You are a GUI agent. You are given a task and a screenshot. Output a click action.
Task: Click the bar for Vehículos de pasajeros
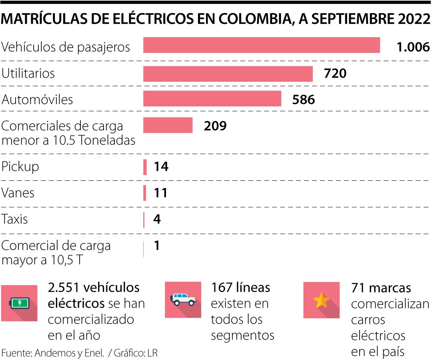pos(262,45)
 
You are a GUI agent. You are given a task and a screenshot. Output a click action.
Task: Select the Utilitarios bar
pos(228,74)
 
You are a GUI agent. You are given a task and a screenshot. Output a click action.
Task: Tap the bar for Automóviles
pos(212,99)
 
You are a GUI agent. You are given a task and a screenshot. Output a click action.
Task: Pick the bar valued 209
pos(168,125)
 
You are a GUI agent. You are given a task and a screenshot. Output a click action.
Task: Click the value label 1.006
pos(413,47)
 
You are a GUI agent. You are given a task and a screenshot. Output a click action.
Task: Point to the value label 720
pos(335,74)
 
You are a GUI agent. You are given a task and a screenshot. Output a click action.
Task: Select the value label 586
pos(304,99)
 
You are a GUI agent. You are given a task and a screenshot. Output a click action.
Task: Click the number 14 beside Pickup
pos(161,166)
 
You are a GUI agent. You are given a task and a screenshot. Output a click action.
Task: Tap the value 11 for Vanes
pos(161,193)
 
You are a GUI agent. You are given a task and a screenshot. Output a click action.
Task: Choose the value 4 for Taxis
pos(157,220)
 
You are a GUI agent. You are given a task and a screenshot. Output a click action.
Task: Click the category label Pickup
pos(20,167)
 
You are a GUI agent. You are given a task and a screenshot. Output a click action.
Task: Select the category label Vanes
pos(18,193)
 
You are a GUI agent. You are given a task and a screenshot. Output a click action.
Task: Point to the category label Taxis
pos(15,220)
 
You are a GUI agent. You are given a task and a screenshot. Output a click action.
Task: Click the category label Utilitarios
pos(28,74)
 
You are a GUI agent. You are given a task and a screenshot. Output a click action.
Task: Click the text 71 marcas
pos(381,288)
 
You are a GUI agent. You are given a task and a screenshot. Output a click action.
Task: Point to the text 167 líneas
pos(240,287)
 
